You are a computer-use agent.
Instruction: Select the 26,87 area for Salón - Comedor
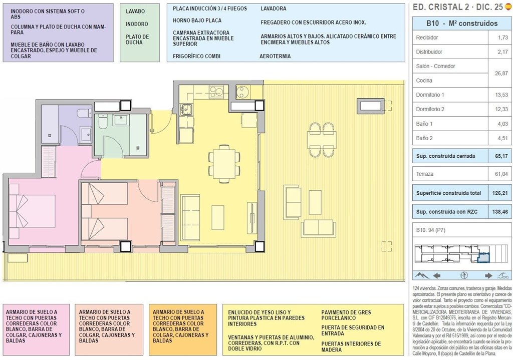click(x=501, y=73)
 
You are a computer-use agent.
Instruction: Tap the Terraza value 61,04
click(x=501, y=174)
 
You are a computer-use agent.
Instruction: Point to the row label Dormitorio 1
click(x=430, y=95)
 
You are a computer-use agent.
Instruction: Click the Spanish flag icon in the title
click(x=508, y=7)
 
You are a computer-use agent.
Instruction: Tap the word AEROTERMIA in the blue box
click(x=275, y=56)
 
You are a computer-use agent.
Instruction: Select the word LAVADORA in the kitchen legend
click(x=274, y=9)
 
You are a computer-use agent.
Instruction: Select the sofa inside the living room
click(x=190, y=212)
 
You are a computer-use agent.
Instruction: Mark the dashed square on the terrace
click(x=386, y=246)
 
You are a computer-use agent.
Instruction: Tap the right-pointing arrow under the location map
click(x=488, y=275)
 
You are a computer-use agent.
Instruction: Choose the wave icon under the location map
click(x=503, y=275)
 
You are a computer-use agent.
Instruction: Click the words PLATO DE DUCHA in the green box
click(x=137, y=40)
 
